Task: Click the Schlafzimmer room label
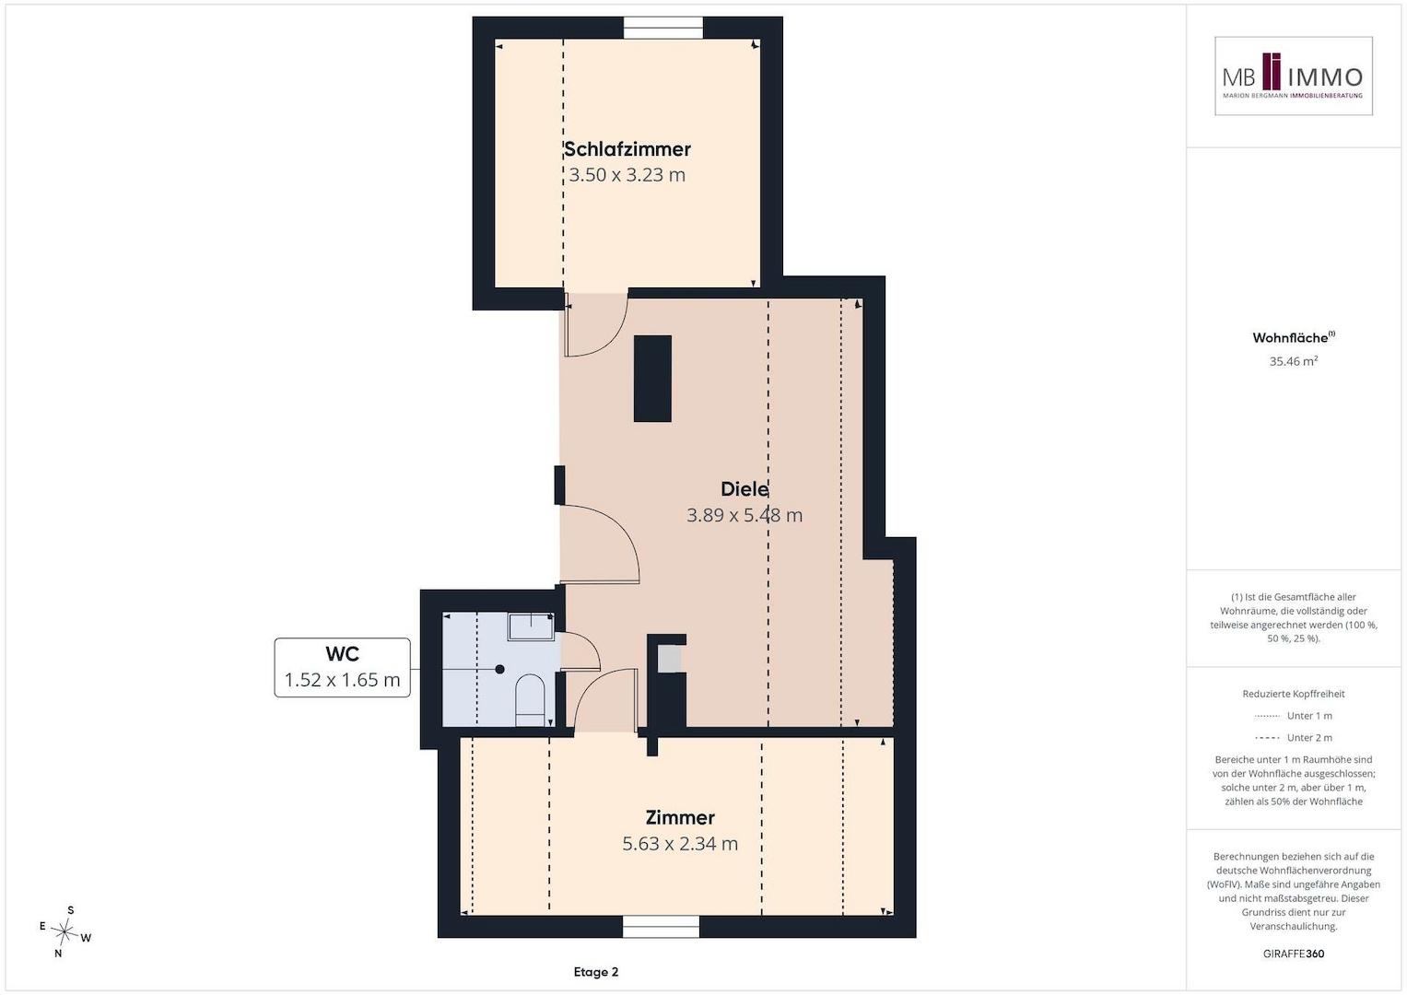[627, 149]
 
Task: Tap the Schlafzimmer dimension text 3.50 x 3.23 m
[627, 175]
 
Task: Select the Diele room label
[745, 488]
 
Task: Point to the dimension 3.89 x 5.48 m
[745, 515]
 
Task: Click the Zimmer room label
[680, 817]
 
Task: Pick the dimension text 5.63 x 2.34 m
[680, 843]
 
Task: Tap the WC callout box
[343, 667]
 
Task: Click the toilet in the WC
[530, 701]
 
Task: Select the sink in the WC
[531, 626]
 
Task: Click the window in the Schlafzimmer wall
[662, 28]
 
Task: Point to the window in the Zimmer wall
[661, 927]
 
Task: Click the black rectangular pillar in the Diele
[652, 378]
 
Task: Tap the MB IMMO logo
[1294, 76]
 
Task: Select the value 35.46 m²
[1294, 361]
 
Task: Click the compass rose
[64, 931]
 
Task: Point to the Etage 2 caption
[596, 972]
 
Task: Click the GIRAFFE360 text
[1294, 954]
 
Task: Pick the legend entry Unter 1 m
[1294, 716]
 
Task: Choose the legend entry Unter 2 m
[1294, 737]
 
